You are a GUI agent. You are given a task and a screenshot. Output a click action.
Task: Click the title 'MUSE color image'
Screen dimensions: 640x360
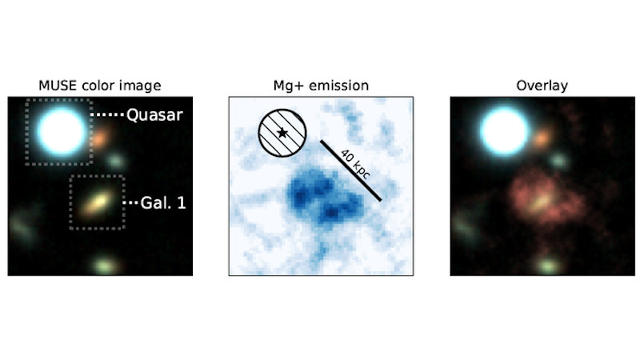[99, 86]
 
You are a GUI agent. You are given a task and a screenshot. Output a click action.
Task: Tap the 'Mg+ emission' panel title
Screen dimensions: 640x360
[321, 86]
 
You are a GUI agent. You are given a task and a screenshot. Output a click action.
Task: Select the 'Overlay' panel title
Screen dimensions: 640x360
[542, 86]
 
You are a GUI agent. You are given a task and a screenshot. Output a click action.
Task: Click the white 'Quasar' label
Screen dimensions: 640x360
[154, 115]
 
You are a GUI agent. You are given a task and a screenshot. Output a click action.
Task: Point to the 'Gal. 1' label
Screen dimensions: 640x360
[163, 203]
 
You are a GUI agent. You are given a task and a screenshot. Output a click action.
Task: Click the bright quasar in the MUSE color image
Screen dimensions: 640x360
[62, 131]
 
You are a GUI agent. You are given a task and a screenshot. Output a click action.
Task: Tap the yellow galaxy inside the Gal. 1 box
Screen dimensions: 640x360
[97, 202]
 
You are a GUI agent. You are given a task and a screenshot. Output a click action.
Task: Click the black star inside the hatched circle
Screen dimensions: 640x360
[282, 133]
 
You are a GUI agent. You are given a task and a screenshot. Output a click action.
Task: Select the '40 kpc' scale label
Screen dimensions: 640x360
[355, 165]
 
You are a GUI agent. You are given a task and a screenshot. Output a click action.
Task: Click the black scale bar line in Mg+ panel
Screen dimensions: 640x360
[350, 170]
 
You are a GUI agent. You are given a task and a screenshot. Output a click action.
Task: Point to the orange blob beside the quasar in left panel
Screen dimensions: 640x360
[100, 138]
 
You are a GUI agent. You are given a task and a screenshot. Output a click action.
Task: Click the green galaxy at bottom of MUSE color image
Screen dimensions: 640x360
[106, 266]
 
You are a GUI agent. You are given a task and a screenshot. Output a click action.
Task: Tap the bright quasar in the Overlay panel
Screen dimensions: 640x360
[505, 131]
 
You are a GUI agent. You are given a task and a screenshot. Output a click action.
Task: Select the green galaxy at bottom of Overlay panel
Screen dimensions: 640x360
[549, 266]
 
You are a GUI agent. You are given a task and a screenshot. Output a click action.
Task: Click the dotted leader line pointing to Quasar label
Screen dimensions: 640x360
[107, 115]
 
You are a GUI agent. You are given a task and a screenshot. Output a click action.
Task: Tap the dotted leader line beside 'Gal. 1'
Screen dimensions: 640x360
[130, 202]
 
